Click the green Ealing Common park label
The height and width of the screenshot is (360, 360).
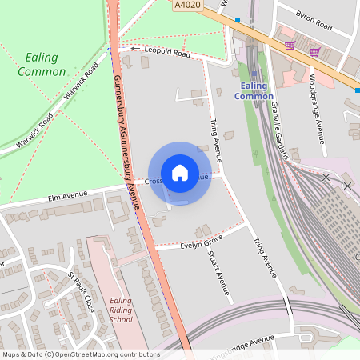click(45, 65)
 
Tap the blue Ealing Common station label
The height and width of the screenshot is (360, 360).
click(254, 90)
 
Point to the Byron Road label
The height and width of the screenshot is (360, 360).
click(313, 21)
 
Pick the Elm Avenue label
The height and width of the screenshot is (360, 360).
click(67, 194)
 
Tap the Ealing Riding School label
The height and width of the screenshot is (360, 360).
click(121, 310)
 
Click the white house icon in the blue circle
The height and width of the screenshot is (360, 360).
click(180, 172)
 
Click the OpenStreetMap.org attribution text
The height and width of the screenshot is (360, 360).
click(104, 354)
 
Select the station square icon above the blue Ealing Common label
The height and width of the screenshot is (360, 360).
click(254, 74)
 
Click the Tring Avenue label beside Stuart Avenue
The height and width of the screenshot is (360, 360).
click(265, 258)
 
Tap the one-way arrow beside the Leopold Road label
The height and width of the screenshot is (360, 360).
click(134, 49)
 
